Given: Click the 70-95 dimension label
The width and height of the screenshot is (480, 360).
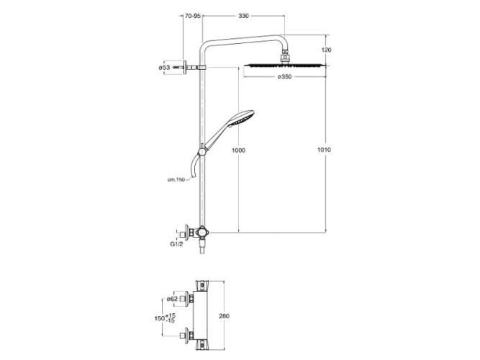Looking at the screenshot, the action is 193,16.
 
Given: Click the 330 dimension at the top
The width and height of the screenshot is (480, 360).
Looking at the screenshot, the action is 244,16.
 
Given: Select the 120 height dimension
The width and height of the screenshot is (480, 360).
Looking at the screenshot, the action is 327,50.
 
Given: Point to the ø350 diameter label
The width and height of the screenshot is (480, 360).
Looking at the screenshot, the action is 284,76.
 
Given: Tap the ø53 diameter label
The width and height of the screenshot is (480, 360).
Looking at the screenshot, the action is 164,68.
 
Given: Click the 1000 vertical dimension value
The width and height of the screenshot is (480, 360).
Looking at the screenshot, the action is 238,150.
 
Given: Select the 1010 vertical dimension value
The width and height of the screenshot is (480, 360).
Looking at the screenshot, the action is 324,150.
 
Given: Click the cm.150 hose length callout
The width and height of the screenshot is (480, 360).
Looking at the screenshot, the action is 176,179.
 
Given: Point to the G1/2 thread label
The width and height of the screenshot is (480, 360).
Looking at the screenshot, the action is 176,245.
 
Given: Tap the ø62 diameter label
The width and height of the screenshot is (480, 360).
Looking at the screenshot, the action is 172,299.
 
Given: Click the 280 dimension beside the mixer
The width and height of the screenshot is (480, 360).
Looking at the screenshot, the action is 224,316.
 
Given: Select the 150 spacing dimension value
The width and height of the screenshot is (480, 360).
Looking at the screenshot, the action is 160,318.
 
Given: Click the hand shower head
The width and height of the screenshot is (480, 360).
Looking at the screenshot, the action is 242,117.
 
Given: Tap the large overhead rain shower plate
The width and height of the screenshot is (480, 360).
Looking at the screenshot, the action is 284,66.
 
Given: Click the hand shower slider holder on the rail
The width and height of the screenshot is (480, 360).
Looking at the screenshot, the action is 202,151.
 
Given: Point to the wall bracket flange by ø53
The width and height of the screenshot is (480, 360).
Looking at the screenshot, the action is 185,68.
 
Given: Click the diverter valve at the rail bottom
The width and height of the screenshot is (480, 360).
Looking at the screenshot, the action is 202,233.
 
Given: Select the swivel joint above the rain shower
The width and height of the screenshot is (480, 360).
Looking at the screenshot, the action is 285,56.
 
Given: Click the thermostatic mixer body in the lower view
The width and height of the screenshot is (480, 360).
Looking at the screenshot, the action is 201,315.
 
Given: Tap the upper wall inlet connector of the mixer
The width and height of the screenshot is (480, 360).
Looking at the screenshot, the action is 186,298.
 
